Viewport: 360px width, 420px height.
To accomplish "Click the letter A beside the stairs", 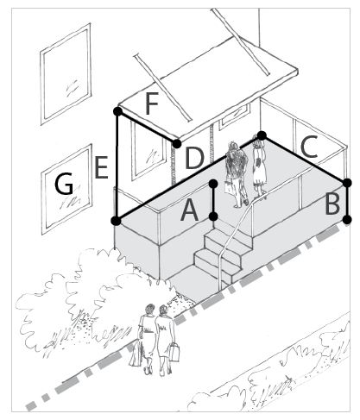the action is pos(189,210).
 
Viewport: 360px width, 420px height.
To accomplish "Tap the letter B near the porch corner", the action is pos(332,204).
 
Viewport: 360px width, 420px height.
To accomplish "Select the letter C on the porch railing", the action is pos(309,147).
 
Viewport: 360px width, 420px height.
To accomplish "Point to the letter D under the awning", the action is pos(194,159).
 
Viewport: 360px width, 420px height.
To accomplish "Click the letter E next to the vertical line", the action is pos(101,167).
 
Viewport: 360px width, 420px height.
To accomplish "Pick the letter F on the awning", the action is pos(152,103).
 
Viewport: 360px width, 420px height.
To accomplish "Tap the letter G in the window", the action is pos(64,184).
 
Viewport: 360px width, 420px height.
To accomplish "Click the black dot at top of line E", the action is pos(117,111).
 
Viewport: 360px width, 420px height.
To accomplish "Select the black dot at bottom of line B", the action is pos(347,220).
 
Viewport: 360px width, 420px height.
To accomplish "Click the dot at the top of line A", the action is pos(213,183).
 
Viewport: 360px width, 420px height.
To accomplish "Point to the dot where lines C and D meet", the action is pos(262,135).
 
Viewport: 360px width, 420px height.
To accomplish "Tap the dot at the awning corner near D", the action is pos(177,143).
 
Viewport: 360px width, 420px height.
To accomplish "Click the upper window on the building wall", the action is pos(66,74).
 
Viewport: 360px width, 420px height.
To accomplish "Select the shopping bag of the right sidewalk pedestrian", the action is pos(174,352).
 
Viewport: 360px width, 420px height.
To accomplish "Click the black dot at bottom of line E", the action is pos(116,221).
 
